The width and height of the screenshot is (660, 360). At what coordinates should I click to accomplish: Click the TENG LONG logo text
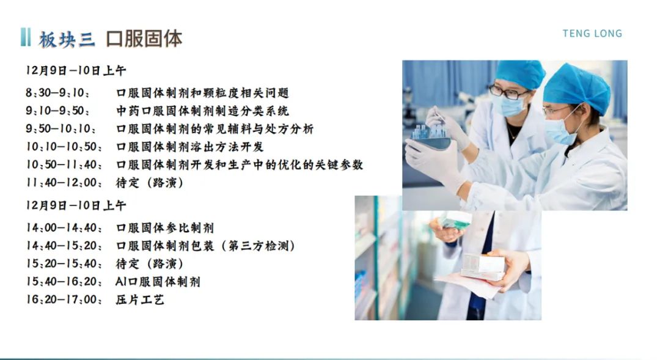pos(592,34)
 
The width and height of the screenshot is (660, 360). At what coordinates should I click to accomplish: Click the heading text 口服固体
pos(144,39)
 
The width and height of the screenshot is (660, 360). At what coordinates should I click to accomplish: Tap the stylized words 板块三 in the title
pos(67,40)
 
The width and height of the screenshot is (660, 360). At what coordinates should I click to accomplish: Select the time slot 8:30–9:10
pos(57,93)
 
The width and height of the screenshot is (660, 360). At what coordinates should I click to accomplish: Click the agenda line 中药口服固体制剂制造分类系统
pos(202,111)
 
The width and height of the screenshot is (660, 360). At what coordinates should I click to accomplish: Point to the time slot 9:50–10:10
pos(61,129)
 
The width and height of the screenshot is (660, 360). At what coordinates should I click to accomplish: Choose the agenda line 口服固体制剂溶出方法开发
pos(190,147)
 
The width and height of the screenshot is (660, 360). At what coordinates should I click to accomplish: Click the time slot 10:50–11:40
pos(64,164)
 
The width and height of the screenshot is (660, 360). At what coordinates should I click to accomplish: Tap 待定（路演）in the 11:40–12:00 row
pos(150,182)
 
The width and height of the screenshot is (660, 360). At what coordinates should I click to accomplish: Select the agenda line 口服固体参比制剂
pos(165,228)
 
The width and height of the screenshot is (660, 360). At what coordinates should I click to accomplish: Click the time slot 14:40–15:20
pos(64,246)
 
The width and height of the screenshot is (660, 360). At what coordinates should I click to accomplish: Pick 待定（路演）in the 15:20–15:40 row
pos(150,263)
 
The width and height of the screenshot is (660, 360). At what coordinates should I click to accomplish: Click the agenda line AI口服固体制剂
pos(158,282)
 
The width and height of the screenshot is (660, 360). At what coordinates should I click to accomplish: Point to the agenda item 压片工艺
pos(140,299)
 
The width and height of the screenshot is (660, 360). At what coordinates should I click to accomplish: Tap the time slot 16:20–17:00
pos(64,299)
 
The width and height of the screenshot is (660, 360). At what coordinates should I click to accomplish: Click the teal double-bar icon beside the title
pos(25,37)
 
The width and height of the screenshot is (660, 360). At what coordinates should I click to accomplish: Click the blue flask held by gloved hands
pos(431,136)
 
